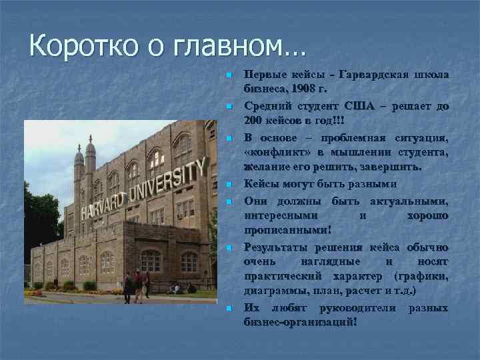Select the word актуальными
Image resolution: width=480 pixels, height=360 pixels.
(407, 201)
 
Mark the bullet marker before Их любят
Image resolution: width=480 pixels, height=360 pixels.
(227, 309)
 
